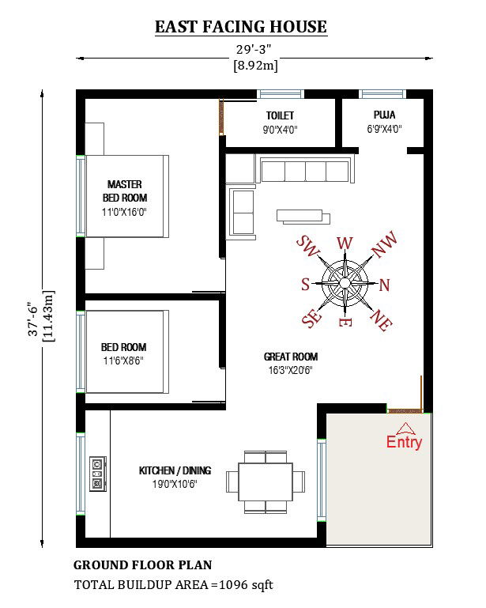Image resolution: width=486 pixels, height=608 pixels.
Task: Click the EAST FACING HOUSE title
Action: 240,27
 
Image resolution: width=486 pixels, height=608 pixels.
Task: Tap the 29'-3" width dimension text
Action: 255,49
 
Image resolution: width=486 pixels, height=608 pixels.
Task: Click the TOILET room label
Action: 280,115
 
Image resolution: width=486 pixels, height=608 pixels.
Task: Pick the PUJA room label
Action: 385,115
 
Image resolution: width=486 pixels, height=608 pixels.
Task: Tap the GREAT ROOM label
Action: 291,357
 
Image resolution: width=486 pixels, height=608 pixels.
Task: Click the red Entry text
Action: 404,443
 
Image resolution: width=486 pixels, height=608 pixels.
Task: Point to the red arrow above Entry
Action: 405,428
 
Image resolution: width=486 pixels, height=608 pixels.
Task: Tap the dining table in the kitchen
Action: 266,481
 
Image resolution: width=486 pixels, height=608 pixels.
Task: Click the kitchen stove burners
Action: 98,474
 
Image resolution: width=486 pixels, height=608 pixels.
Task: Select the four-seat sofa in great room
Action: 304,171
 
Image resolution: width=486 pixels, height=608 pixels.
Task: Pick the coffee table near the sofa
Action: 300,215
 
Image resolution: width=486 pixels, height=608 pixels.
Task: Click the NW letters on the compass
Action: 383,247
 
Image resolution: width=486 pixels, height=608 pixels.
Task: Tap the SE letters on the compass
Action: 312,319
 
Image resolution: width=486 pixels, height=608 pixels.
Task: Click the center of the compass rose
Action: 345,281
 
